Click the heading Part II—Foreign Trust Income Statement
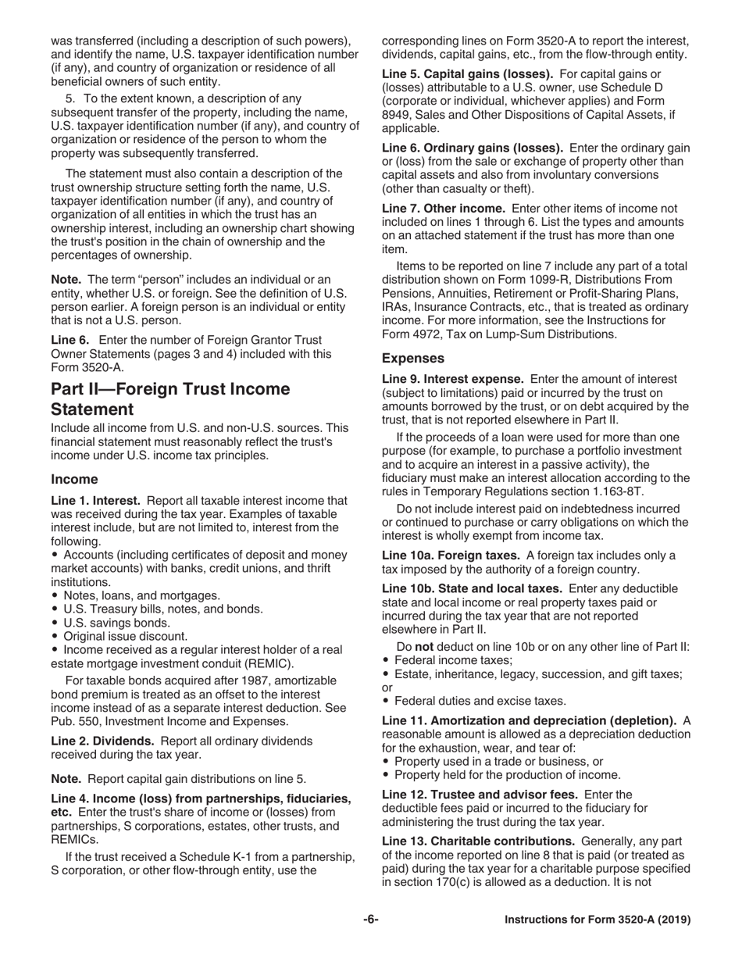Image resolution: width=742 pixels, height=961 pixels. click(170, 399)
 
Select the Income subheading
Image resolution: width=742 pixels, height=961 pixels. click(74, 479)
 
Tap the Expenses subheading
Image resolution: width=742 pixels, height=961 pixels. click(413, 359)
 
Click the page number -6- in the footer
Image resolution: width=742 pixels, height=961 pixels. click(370, 920)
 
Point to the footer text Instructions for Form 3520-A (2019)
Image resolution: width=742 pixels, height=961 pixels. click(598, 920)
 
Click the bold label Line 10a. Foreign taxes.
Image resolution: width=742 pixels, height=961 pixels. click(452, 556)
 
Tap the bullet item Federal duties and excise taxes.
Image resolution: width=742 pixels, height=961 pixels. click(480, 701)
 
